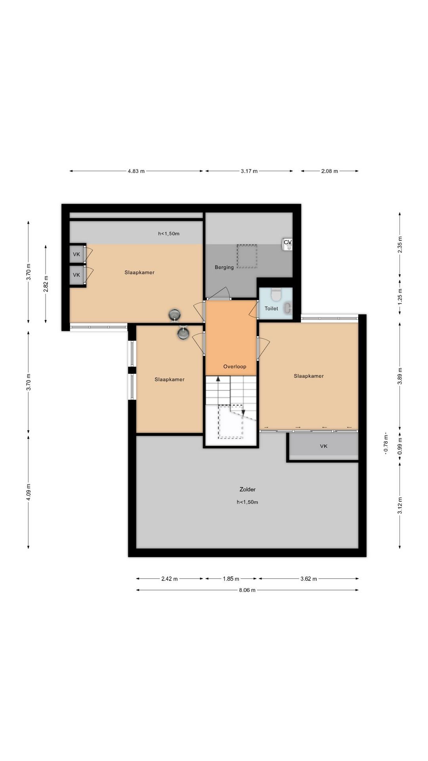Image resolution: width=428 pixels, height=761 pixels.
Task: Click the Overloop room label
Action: (x=235, y=367)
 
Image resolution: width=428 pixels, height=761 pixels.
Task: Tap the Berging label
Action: (x=224, y=268)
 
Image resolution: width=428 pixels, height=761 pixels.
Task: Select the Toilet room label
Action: (x=271, y=308)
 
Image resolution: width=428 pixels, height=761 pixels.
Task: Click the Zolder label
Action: (x=247, y=489)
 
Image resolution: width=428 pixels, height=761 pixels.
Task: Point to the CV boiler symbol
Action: (x=288, y=244)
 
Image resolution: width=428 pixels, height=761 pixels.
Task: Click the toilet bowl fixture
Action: (x=276, y=294)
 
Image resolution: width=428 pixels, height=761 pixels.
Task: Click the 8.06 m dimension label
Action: (x=247, y=590)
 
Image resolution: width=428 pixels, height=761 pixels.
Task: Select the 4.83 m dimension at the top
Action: (x=136, y=171)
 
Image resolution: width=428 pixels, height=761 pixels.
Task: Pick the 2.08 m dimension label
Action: (x=330, y=171)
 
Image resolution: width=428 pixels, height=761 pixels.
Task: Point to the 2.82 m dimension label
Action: (x=46, y=284)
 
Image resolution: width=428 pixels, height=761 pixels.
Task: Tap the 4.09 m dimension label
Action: (x=29, y=492)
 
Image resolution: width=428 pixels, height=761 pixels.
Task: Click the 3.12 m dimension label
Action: (x=400, y=505)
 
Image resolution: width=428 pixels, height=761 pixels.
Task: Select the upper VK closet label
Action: (x=76, y=254)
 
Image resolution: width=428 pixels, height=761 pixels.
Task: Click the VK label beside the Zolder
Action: (x=324, y=446)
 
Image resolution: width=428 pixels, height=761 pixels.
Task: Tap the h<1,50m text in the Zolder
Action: (x=247, y=502)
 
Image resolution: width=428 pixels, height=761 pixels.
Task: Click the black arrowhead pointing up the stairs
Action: (x=218, y=378)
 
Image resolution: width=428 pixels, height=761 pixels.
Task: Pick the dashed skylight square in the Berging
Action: (x=247, y=256)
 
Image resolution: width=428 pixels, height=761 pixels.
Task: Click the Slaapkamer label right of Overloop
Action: (x=309, y=376)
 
